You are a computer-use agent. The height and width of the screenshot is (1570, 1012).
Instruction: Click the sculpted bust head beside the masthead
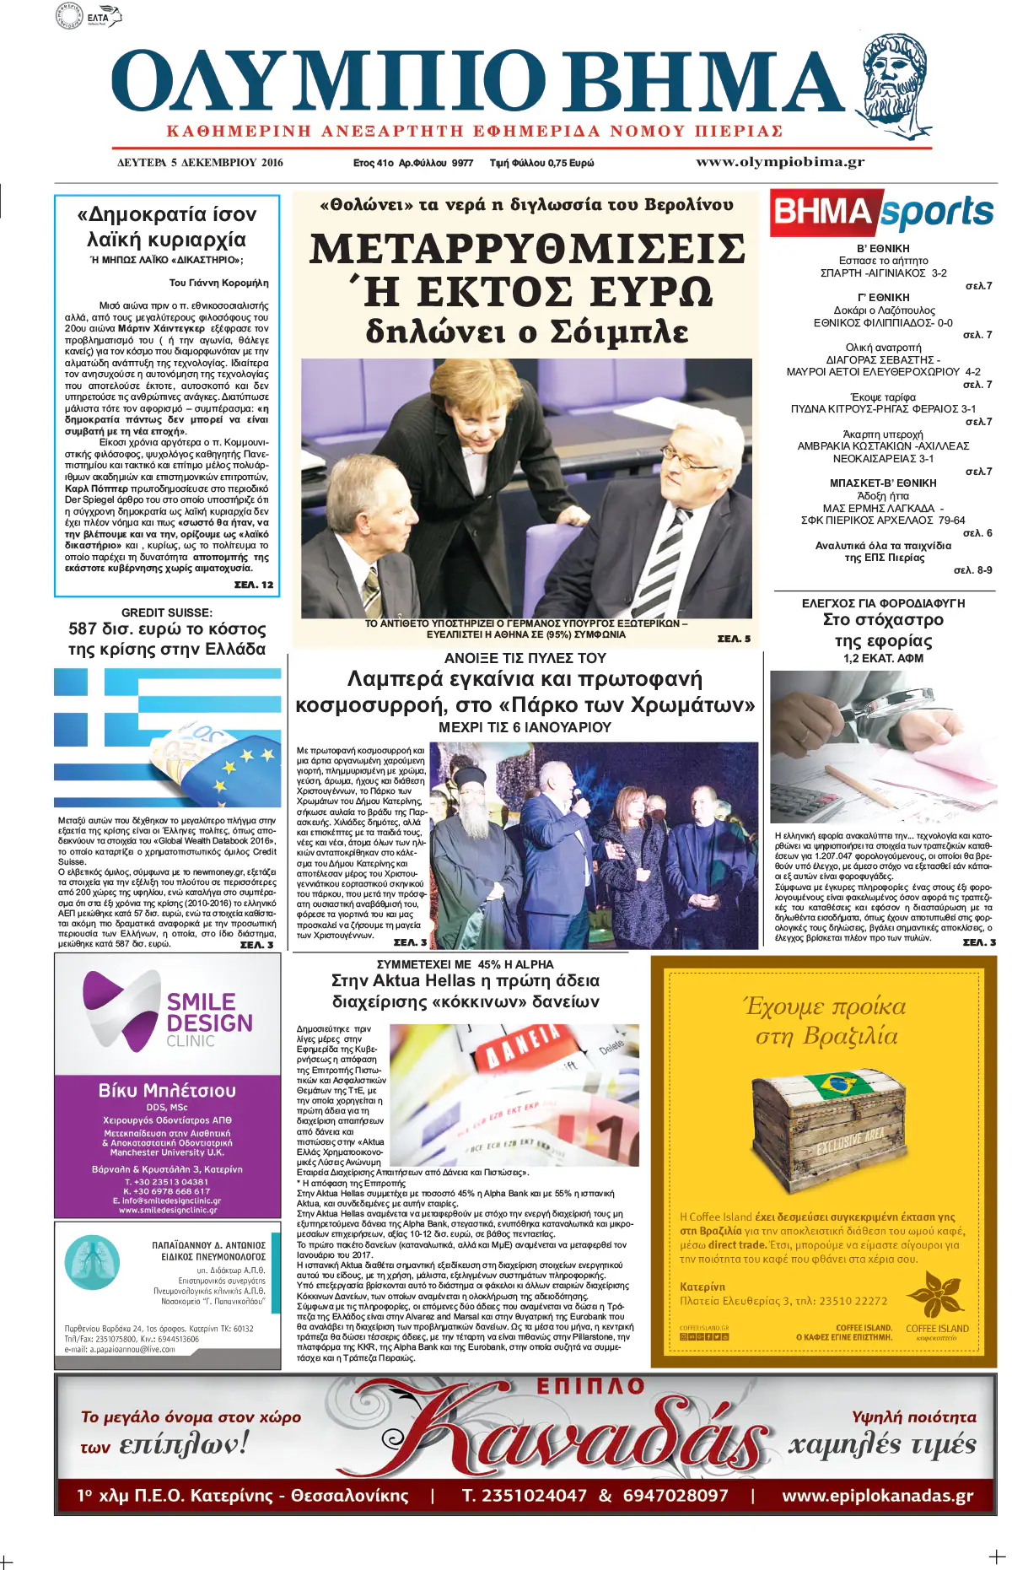[896, 84]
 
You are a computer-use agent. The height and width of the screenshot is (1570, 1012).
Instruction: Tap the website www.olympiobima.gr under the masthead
[779, 162]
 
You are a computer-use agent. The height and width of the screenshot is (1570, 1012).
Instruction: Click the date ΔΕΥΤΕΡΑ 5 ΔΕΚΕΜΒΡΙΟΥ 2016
[200, 163]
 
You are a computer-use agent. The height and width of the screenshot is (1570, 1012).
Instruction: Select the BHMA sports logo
[882, 213]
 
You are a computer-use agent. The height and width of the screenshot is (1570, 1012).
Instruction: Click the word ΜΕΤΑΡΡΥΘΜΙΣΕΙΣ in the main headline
[527, 249]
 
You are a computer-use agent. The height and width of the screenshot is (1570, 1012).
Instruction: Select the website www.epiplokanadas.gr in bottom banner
[877, 1496]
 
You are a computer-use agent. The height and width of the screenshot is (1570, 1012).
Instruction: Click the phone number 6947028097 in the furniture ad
[675, 1496]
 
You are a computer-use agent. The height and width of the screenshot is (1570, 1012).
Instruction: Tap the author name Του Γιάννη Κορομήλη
[218, 283]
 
